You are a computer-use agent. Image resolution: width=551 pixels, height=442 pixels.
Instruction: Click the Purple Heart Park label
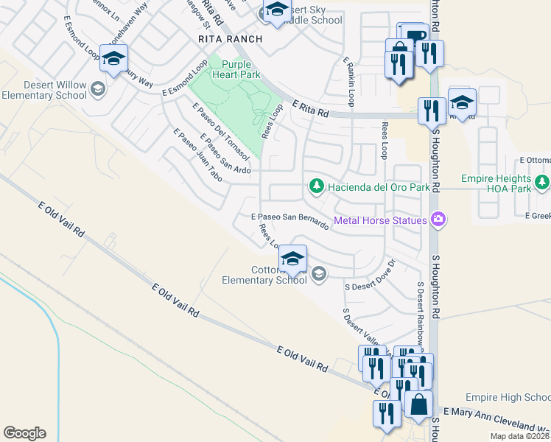(236, 69)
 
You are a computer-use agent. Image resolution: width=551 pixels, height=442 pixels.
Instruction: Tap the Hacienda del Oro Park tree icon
(316, 186)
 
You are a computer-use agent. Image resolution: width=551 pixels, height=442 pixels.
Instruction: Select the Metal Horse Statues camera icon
(439, 220)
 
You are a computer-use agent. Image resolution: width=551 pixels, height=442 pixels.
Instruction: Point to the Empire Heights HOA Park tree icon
(542, 181)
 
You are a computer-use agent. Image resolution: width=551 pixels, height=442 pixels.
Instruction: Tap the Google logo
(24, 433)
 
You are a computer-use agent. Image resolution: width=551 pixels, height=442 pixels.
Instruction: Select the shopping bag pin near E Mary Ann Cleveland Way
(418, 406)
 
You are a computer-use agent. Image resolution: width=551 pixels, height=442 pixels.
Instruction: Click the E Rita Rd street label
(309, 108)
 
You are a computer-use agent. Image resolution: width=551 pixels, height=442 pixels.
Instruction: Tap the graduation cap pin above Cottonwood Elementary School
(292, 259)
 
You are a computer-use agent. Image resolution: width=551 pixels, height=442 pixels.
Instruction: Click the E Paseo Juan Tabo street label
(197, 155)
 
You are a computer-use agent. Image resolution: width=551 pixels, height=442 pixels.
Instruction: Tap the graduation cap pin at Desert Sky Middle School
(276, 11)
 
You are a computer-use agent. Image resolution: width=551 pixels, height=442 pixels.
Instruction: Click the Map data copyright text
(520, 436)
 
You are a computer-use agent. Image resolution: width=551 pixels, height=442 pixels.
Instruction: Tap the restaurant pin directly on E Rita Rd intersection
(431, 110)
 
